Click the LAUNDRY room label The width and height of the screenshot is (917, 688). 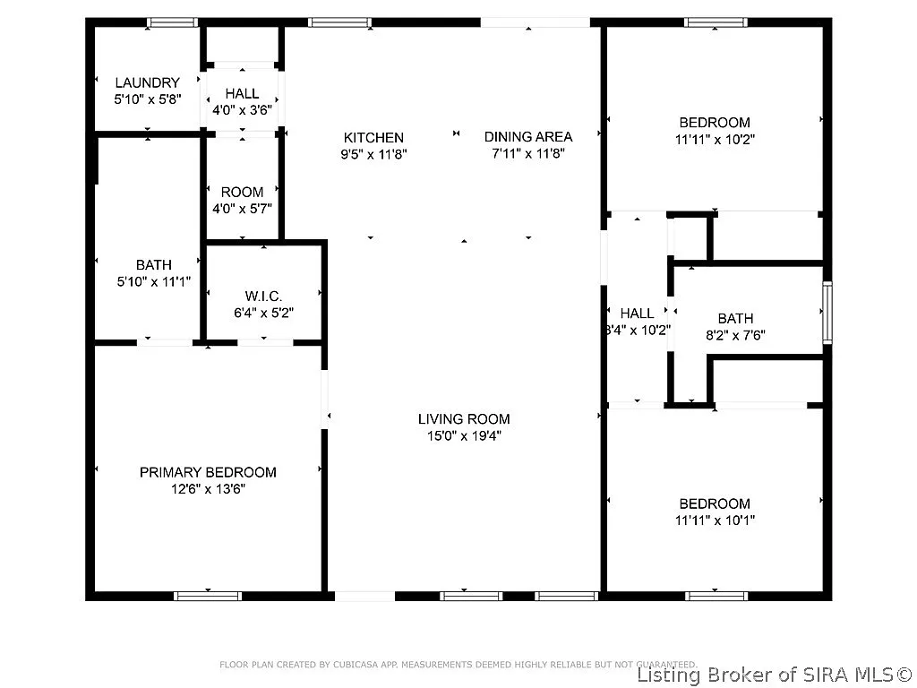[x=147, y=82]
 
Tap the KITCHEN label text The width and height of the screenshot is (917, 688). [x=373, y=137]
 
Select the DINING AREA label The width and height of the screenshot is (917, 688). [x=527, y=136]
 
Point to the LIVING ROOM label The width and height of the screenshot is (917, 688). [x=464, y=418]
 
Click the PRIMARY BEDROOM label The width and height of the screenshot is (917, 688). [x=208, y=472]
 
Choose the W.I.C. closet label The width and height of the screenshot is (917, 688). [x=263, y=296]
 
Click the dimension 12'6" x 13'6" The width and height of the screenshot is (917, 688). [x=208, y=489]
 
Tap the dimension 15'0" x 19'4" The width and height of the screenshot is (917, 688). [x=464, y=436]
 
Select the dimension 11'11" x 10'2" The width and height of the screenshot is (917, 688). [x=714, y=140]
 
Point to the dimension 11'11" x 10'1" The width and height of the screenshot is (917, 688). [x=714, y=520]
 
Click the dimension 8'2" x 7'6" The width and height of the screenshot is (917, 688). [x=735, y=336]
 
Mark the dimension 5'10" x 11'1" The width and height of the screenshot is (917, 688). [x=153, y=282]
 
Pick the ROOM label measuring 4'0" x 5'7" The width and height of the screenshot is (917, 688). [x=242, y=192]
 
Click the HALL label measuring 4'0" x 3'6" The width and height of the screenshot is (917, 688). [x=242, y=93]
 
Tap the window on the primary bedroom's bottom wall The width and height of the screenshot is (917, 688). [x=208, y=595]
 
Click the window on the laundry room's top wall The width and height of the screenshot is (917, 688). [x=173, y=22]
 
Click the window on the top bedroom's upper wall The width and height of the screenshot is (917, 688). [x=715, y=22]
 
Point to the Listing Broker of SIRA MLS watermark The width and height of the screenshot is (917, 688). [x=776, y=674]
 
